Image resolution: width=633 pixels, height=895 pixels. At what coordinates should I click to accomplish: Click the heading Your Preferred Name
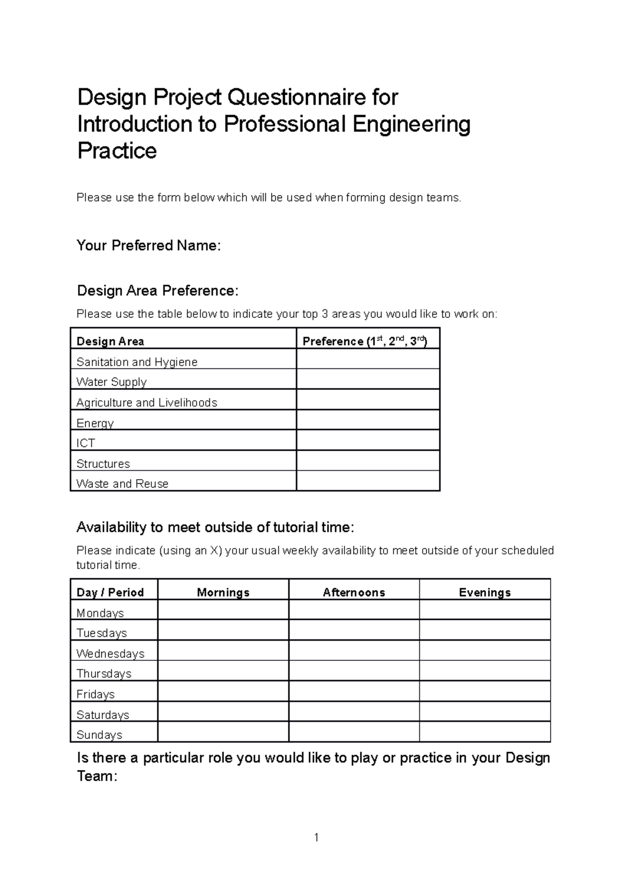(148, 246)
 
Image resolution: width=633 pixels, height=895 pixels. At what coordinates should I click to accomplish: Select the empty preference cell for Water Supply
(368, 379)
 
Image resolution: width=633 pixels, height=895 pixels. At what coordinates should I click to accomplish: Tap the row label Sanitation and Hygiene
(137, 362)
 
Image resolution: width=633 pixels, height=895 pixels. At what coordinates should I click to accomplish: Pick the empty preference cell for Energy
(368, 420)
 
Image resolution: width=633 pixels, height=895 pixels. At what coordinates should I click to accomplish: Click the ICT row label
(85, 443)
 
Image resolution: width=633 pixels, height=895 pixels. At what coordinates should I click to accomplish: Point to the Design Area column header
(110, 341)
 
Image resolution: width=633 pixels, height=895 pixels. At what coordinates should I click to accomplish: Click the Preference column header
(365, 341)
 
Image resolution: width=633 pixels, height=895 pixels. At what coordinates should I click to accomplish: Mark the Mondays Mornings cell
(223, 610)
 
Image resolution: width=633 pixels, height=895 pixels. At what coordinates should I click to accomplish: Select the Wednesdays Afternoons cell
(354, 650)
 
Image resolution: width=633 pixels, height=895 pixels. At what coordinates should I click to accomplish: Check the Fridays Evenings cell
(485, 691)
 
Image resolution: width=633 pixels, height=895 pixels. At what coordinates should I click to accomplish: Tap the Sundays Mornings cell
(223, 732)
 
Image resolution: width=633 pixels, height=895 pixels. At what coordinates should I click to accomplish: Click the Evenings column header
(485, 592)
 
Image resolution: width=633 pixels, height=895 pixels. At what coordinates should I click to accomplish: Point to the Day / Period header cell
(110, 592)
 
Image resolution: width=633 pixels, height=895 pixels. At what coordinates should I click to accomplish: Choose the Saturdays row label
(103, 715)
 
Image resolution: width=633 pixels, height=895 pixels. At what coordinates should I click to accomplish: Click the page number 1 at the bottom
(316, 838)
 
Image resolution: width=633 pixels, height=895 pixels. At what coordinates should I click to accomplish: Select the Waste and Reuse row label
(122, 484)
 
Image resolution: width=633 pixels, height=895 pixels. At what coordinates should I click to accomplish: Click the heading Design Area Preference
(158, 291)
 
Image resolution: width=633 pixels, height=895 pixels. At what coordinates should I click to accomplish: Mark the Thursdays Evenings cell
(485, 671)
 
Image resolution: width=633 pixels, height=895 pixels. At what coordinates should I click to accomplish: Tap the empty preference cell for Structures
(368, 461)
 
